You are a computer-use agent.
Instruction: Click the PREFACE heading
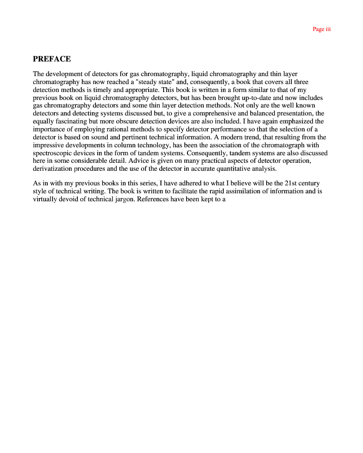coord(52,59)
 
